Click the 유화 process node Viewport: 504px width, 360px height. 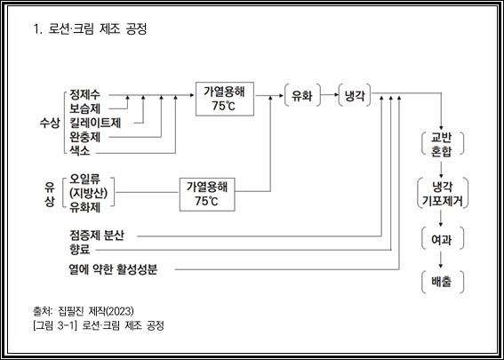302,95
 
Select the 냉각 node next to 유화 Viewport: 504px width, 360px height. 355,95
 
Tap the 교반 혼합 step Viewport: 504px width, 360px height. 443,144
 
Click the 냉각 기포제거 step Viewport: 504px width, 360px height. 443,194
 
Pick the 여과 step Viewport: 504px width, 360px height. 443,239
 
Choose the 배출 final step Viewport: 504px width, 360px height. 443,282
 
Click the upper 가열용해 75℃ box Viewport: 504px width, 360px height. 225,99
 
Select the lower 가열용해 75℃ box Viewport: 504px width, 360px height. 207,195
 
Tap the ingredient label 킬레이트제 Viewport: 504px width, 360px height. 95,123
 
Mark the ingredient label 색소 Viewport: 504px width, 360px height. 80,151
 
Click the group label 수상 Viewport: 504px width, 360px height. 50,123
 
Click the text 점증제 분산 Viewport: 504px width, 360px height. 96,236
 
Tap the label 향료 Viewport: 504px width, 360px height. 80,250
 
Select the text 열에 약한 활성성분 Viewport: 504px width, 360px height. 113,269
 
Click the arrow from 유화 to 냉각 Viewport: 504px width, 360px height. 330,95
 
